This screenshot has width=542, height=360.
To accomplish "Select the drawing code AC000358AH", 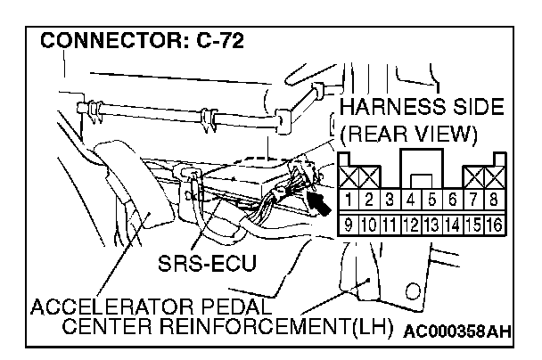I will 456,332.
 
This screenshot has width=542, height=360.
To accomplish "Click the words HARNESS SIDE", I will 422,109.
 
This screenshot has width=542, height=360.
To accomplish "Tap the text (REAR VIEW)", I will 411,136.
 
